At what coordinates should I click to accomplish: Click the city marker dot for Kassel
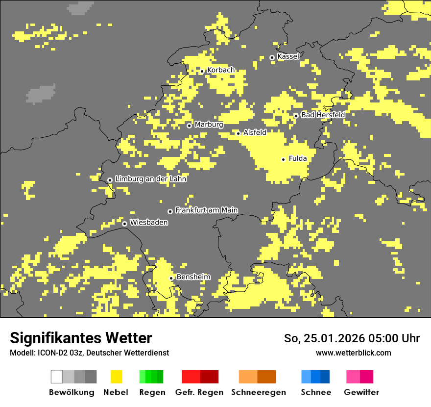(x=272, y=57)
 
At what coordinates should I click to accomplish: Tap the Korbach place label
(x=220, y=70)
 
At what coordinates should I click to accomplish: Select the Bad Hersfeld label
(x=323, y=115)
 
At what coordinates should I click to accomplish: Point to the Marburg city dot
(x=189, y=126)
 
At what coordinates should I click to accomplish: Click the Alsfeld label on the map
(x=255, y=132)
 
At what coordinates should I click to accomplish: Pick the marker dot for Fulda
(x=283, y=159)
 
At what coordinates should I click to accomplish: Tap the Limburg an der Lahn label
(x=150, y=179)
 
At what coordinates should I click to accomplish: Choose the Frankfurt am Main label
(x=206, y=210)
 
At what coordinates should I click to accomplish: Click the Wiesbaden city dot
(x=125, y=224)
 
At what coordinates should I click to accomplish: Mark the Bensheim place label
(x=193, y=277)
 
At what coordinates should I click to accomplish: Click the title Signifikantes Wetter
(x=81, y=338)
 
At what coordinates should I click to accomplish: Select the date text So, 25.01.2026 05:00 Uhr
(x=352, y=338)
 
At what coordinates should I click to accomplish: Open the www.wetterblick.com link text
(x=353, y=353)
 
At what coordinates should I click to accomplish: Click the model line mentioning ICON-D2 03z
(x=89, y=353)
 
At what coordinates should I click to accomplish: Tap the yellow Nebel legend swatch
(x=116, y=377)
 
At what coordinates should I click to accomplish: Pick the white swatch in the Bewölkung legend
(x=57, y=377)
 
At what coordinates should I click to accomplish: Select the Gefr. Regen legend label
(x=199, y=392)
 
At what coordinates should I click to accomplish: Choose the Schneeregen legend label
(x=259, y=392)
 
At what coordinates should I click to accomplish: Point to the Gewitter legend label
(x=361, y=392)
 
